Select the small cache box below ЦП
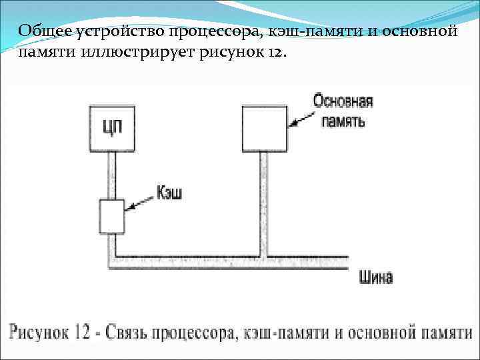[111, 216]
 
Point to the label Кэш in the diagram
[169, 193]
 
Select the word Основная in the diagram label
[343, 101]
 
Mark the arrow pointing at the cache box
[141, 203]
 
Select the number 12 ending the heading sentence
[275, 53]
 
